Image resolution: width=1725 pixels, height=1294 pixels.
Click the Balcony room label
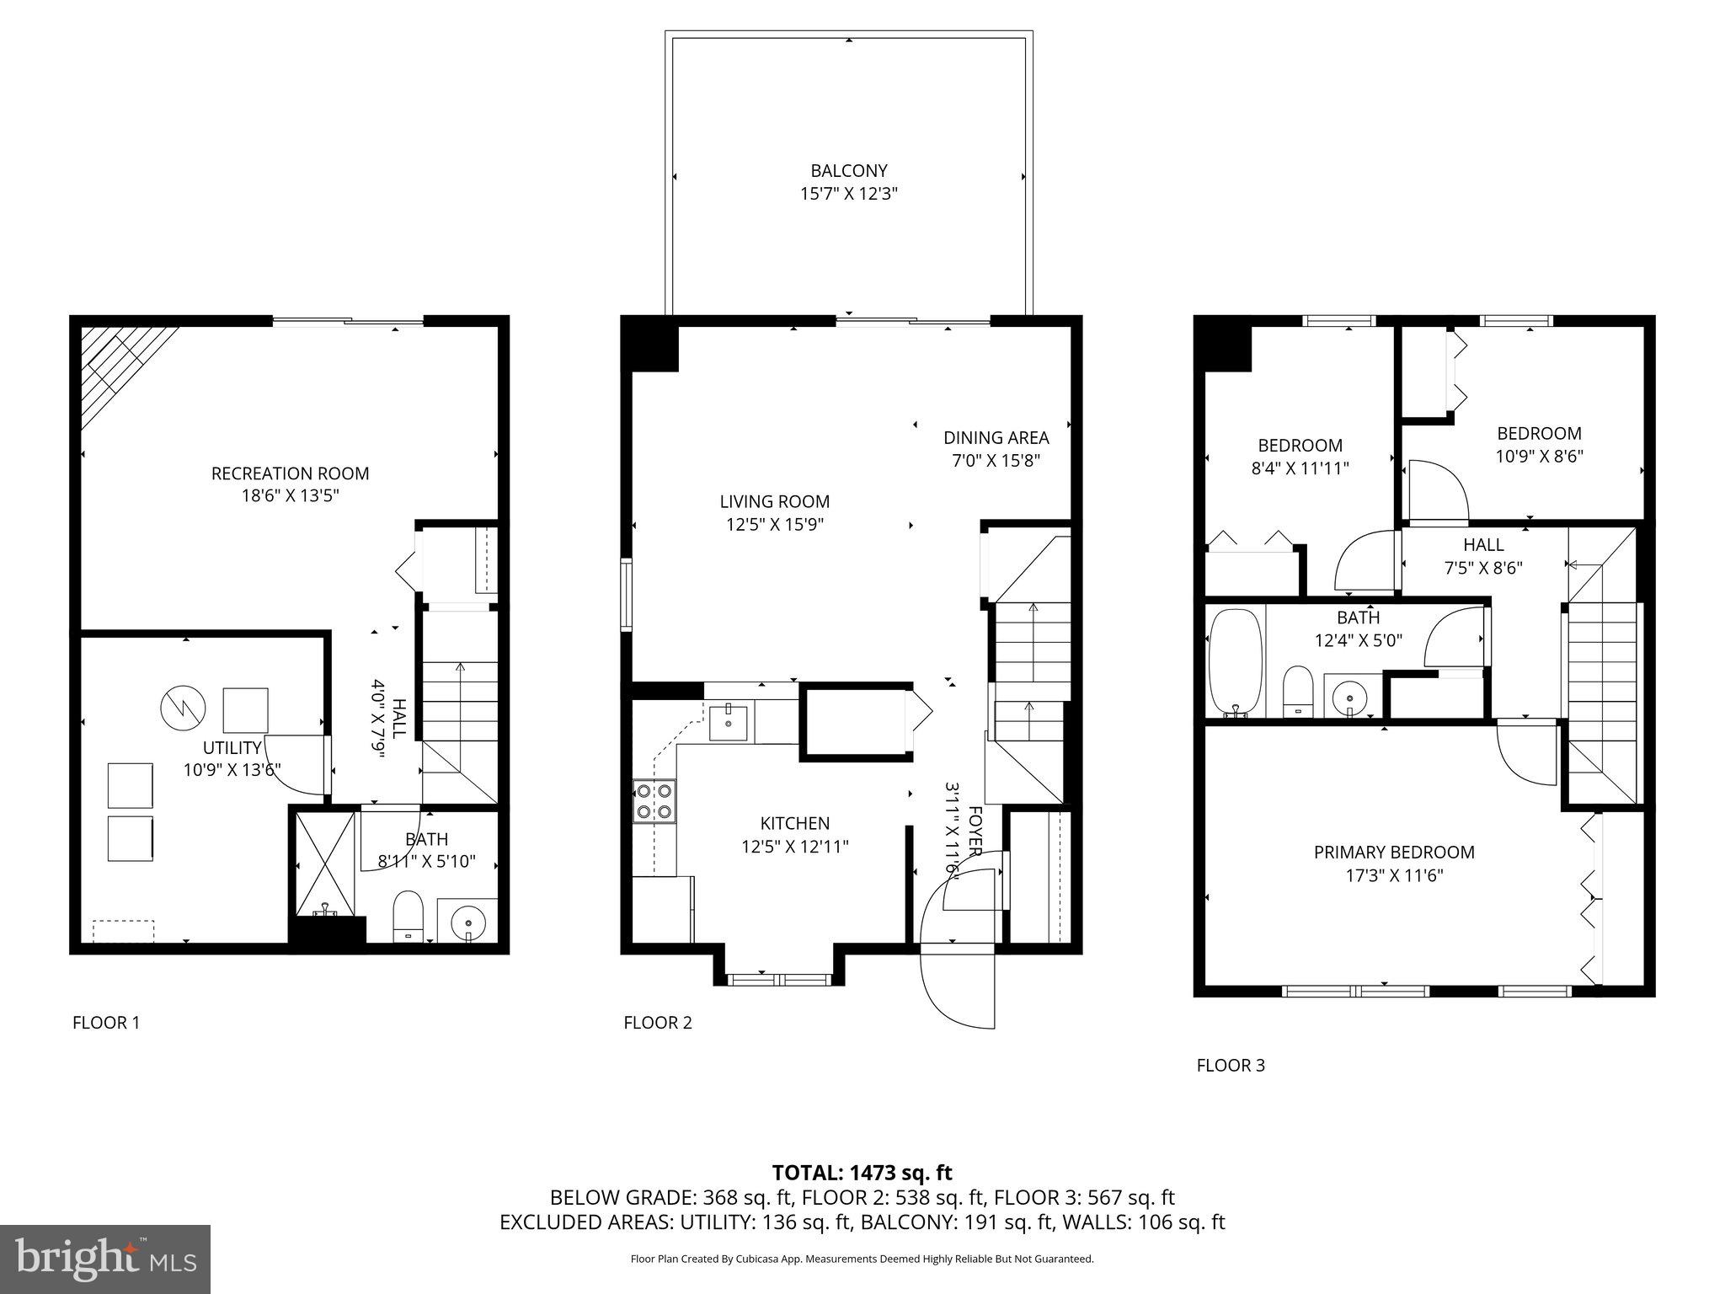(x=848, y=171)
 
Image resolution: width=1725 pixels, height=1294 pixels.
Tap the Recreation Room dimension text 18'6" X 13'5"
(x=290, y=496)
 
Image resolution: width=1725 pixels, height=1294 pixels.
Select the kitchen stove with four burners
(x=654, y=801)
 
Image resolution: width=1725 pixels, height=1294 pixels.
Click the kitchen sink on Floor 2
(x=728, y=723)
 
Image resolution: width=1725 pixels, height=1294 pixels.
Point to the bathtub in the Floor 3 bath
(x=1235, y=662)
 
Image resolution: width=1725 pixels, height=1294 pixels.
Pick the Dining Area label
(x=996, y=438)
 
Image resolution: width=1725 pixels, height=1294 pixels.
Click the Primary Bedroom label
(x=1394, y=852)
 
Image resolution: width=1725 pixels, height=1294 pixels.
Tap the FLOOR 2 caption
(x=657, y=1023)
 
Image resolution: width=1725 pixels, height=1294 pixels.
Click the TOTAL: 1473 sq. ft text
(x=862, y=1173)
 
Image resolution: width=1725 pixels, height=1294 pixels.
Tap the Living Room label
(x=774, y=501)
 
